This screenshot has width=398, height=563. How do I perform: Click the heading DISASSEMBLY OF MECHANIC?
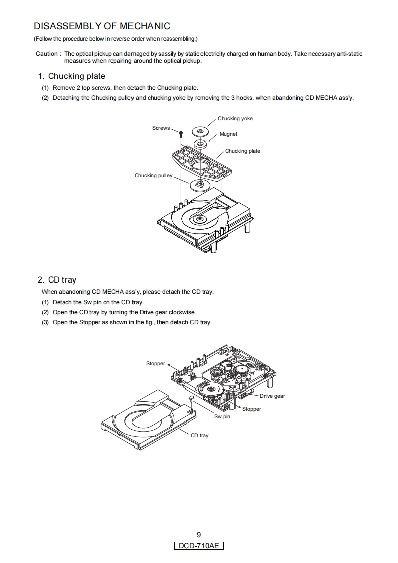tap(102, 26)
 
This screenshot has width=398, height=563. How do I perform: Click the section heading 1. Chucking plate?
tap(72, 76)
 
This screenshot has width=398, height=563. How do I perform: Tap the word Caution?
tap(47, 54)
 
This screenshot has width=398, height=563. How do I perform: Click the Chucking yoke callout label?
tap(235, 119)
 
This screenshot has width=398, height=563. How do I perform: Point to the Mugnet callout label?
tap(228, 134)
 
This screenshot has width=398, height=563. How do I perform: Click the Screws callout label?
tap(161, 128)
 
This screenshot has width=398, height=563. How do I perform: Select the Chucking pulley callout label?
tap(153, 176)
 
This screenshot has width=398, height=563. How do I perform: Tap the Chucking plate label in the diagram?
tap(242, 151)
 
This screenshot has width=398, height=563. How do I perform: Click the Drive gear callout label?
tap(272, 396)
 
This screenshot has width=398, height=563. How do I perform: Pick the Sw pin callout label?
tap(222, 417)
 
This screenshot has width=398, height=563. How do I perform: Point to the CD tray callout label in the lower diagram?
tap(199, 436)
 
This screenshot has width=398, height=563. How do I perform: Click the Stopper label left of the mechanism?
tap(155, 364)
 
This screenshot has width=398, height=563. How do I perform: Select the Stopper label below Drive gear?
tap(251, 409)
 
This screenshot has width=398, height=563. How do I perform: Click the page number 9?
tap(199, 535)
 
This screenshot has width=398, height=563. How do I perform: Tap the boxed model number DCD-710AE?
tap(199, 546)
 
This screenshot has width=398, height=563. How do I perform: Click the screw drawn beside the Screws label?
tap(180, 134)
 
